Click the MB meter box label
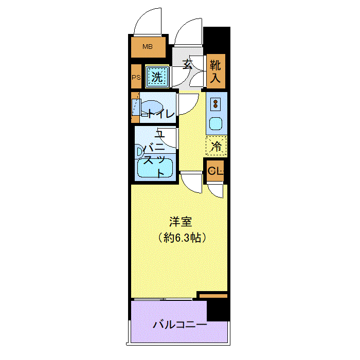coord(148,47)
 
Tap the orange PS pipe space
coord(136,78)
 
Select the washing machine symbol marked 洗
coord(157,77)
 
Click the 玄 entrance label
coord(188,64)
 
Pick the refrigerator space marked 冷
coord(217,146)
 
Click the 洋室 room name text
coord(181,222)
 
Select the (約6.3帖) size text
coord(182,238)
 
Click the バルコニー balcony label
coord(180,325)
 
